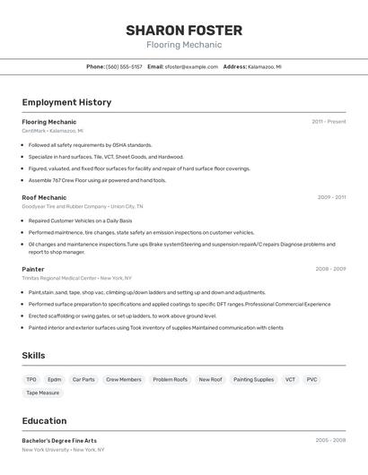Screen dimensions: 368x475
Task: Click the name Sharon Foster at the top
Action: tap(183, 30)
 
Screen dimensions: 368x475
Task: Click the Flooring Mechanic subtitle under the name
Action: tap(183, 45)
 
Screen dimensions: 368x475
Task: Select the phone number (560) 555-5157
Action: tap(124, 66)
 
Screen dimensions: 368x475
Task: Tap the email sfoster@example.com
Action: tap(191, 66)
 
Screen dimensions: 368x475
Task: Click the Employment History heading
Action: tap(66, 102)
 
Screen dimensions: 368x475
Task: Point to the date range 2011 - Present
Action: tap(329, 122)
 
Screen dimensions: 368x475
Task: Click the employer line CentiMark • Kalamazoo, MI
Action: tap(53, 131)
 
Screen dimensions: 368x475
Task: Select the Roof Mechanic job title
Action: tap(44, 197)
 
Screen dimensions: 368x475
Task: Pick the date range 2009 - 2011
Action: tap(331, 197)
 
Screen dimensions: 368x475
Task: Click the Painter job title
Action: tap(33, 269)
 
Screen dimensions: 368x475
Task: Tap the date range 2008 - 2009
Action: tap(330, 269)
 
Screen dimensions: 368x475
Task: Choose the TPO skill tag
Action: tap(31, 379)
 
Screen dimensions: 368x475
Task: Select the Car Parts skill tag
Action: tap(83, 379)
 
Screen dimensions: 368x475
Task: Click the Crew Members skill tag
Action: tap(124, 379)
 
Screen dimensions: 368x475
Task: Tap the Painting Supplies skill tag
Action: tap(254, 379)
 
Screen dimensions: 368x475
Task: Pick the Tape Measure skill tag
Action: tap(43, 393)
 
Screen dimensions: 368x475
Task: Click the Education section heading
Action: tap(44, 420)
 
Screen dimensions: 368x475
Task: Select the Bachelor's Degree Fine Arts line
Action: tap(59, 440)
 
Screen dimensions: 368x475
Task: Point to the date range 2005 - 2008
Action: tap(330, 440)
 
